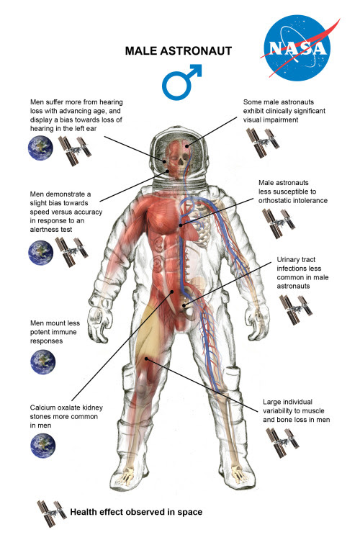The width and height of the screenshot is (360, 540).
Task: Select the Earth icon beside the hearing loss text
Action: (40, 148)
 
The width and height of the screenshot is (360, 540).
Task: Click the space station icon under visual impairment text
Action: (263, 143)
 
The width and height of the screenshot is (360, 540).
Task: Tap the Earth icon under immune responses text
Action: (42, 362)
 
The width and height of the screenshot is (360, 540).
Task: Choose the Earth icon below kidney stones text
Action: (42, 446)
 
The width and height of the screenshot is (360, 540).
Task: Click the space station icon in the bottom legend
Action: (52, 513)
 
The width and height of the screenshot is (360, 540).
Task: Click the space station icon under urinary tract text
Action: (296, 310)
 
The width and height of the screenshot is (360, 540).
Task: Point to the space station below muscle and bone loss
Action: (282, 443)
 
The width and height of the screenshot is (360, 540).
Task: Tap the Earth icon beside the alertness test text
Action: (40, 253)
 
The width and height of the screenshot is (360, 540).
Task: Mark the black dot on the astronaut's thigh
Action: (146, 359)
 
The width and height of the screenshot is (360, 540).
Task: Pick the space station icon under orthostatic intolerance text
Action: (279, 223)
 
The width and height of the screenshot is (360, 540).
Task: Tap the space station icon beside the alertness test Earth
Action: (72, 252)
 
